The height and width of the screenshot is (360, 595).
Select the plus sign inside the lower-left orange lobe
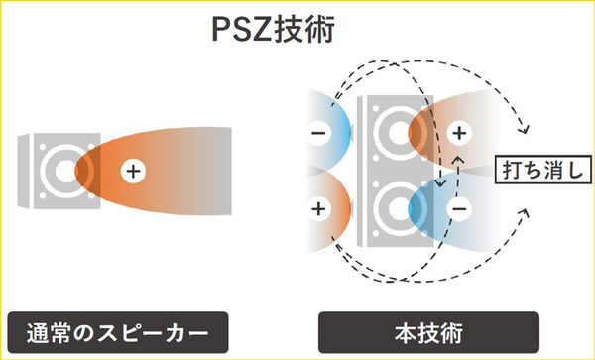pyautogui.click(x=318, y=209)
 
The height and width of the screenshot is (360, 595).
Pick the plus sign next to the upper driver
pyautogui.click(x=459, y=132)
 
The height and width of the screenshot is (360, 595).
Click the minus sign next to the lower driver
pyautogui.click(x=459, y=209)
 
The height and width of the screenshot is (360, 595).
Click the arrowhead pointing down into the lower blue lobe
pyautogui.click(x=436, y=184)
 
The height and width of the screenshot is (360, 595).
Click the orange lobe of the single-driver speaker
pyautogui.click(x=159, y=170)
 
